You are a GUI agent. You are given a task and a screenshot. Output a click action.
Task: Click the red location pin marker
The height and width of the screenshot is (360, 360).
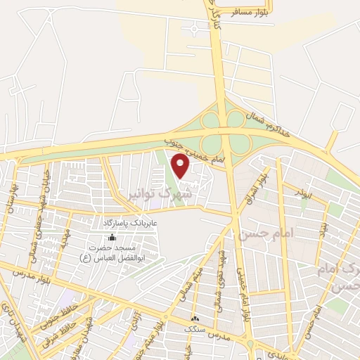pyautogui.click(x=181, y=165)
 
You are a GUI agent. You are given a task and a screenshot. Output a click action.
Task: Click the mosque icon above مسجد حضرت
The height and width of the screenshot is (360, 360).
pyautogui.click(x=112, y=237)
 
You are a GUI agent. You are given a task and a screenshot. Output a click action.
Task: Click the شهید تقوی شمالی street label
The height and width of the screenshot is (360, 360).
pyautogui.click(x=224, y=265)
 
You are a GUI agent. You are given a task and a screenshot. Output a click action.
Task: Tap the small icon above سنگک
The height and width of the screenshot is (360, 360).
pyautogui.click(x=195, y=319)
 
